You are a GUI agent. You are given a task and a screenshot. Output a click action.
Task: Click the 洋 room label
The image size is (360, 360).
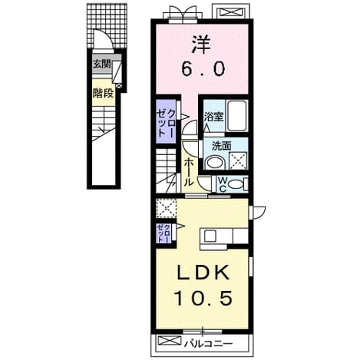pyautogui.click(x=202, y=45)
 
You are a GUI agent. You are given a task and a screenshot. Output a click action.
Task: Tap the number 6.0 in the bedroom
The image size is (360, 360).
pyautogui.click(x=203, y=68)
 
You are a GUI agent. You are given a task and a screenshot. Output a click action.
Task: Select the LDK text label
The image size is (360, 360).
pyautogui.click(x=203, y=273)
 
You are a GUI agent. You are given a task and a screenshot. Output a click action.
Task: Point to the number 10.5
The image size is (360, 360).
pyautogui.click(x=203, y=298)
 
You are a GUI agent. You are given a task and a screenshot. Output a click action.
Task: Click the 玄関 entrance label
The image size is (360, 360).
pyautogui.click(x=102, y=64)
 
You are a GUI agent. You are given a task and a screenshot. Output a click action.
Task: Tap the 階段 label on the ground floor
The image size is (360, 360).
pyautogui.click(x=103, y=94)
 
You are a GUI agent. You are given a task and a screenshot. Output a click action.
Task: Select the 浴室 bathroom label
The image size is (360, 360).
pyautogui.click(x=214, y=117)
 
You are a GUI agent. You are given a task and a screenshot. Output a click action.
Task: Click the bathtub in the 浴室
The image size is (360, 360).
pyautogui.click(x=237, y=116)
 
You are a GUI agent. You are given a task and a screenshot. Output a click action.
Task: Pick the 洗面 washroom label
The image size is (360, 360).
pyautogui.click(x=222, y=146)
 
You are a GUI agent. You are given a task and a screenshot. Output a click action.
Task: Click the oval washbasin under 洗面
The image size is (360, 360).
pyautogui.click(x=215, y=163)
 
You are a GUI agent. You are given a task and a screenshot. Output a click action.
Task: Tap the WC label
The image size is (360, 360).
pyautogui.click(x=222, y=185)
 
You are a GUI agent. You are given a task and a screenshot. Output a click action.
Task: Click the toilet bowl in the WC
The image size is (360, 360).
pyautogui.click(x=235, y=184)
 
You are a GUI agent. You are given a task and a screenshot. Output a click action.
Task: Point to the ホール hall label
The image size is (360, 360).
pyautogui.click(x=189, y=172)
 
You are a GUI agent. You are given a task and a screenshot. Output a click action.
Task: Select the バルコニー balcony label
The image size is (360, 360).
pyautogui.click(x=209, y=343)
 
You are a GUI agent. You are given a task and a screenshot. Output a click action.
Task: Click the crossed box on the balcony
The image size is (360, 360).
pyautogui.click(x=170, y=340)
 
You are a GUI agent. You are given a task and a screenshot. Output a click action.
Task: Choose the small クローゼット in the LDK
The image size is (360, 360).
pyautogui.click(x=164, y=233)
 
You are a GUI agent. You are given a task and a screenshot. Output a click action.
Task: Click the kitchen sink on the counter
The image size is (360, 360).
pyautogui.click(x=210, y=236)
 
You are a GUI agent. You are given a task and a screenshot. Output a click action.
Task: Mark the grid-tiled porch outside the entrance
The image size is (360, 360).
pyautogui.click(x=107, y=25)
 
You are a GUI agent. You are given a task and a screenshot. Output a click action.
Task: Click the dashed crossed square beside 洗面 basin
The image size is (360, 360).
pyautogui.click(x=238, y=161)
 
